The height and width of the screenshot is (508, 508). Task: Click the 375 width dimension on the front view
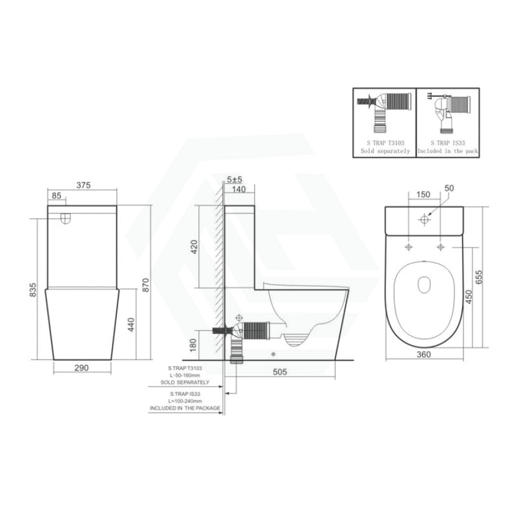[x=84, y=185]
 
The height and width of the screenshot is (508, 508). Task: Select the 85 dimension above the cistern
[x=56, y=196]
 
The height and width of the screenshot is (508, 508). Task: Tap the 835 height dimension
[x=33, y=290]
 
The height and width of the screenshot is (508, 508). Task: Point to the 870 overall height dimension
[x=146, y=285]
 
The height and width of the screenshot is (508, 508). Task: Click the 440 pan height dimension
[x=131, y=325]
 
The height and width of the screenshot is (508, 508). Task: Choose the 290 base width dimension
[x=82, y=368]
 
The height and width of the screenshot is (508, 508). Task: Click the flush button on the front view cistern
[x=66, y=219]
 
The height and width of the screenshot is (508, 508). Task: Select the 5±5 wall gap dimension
[x=235, y=179]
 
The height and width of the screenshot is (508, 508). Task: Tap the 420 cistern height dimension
[x=194, y=247]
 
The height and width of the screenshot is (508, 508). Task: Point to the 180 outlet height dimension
[x=193, y=345]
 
